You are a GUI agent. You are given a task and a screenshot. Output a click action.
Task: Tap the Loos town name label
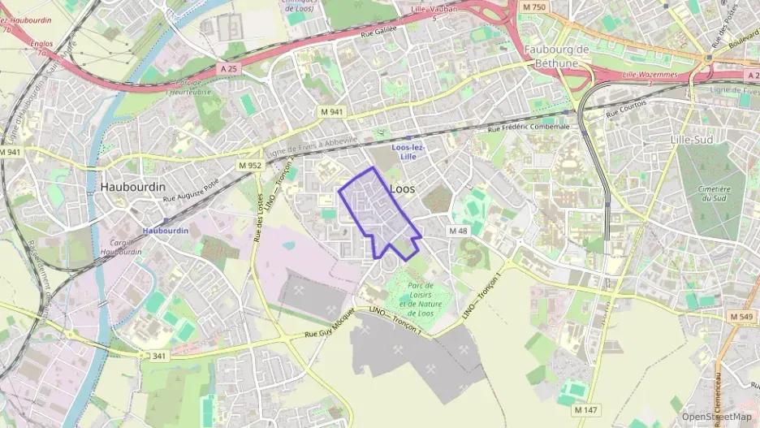tap(403, 188)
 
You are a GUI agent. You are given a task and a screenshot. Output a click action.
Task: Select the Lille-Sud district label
tap(692, 140)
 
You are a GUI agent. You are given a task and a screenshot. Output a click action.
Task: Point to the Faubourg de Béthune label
tap(556, 58)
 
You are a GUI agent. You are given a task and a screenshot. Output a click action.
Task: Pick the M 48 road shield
tap(458, 231)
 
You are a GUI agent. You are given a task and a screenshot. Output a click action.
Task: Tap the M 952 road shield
tap(250, 165)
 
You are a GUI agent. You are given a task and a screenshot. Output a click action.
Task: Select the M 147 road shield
tap(587, 410)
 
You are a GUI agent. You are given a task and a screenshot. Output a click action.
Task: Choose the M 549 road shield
tap(741, 316)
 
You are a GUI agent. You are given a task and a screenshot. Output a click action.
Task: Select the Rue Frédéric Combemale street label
tap(529, 128)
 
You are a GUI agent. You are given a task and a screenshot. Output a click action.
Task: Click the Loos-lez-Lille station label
tap(408, 151)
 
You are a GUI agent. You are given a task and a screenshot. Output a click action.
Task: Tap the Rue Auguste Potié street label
tap(192, 192)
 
